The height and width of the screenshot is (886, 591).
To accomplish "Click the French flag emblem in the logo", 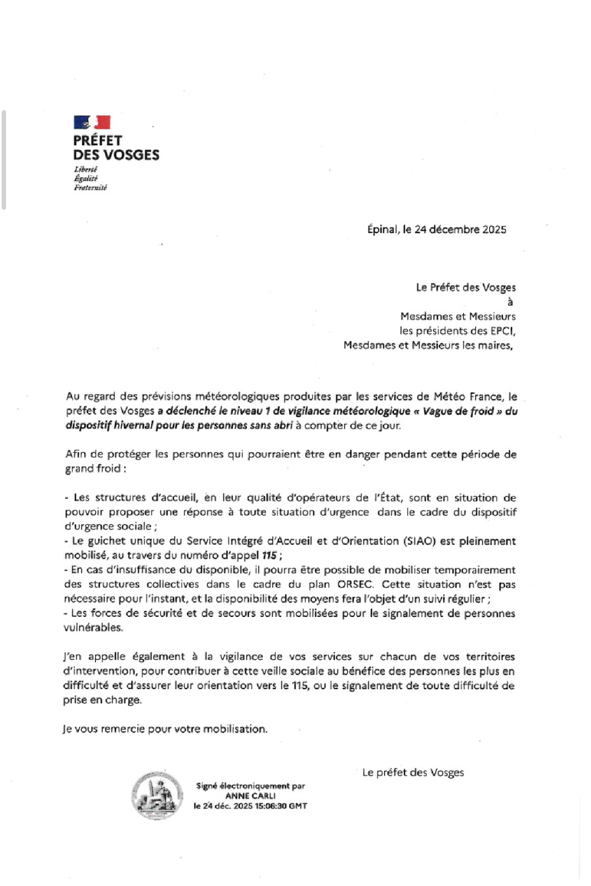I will tap(92, 122).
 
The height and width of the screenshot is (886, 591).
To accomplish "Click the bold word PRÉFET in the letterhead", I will tap(98, 140).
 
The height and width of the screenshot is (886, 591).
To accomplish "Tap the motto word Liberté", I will tap(85, 169).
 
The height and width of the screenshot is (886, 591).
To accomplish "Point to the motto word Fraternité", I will tap(90, 187).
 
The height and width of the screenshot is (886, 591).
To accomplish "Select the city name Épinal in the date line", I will tap(382, 229).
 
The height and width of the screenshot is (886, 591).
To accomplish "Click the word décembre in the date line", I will tap(455, 229).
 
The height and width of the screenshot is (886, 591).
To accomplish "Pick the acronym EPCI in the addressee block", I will tap(502, 330).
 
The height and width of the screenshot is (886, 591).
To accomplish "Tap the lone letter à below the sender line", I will tap(510, 302).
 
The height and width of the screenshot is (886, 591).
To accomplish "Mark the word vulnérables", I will tap(93, 627).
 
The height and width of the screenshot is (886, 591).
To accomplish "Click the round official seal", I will tap(158, 795).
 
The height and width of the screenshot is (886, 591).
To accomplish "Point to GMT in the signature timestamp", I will tap(297, 806).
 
